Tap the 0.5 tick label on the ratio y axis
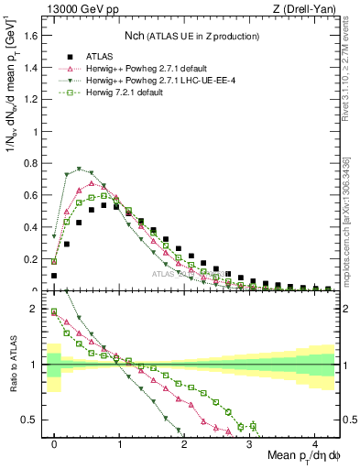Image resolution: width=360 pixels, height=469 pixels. tap(34, 420)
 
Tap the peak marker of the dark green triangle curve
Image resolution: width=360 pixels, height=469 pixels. tap(80, 169)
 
